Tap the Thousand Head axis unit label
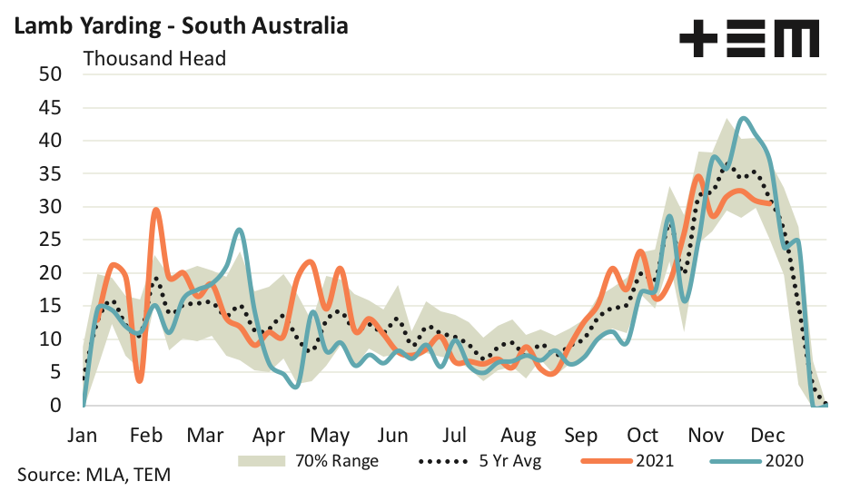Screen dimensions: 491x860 [154, 59]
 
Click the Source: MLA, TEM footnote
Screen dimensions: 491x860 [94, 475]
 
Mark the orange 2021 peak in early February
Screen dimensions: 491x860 [156, 211]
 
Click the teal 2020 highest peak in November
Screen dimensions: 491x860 [744, 118]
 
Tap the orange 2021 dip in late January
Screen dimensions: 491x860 [139, 379]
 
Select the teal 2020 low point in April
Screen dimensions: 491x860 [295, 387]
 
